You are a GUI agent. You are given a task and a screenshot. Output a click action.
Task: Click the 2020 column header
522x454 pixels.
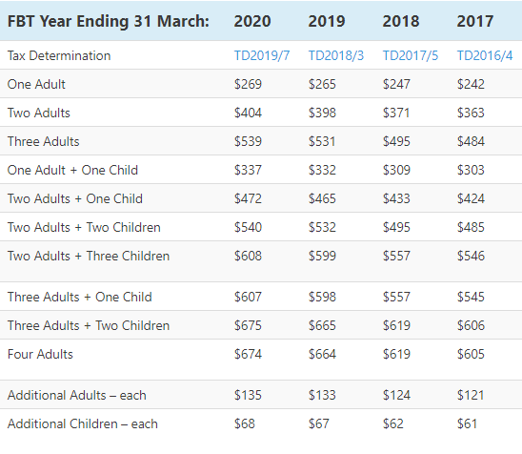point(252,21)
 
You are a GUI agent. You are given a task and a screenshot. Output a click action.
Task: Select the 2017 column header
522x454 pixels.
point(475,21)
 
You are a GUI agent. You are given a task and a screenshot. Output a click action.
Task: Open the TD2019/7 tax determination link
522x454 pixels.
point(262,55)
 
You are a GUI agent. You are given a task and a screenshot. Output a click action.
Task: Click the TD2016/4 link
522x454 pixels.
point(485,55)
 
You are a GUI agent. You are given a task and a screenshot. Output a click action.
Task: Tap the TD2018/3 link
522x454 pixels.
point(336,55)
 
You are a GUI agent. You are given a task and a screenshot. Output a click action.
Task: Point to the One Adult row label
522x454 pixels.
point(36,84)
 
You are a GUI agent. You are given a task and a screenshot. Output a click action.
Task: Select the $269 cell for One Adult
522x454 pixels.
point(248,84)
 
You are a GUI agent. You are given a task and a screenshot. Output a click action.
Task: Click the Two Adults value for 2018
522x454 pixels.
point(396,113)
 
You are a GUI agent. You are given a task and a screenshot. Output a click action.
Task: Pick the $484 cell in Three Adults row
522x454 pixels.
point(471,142)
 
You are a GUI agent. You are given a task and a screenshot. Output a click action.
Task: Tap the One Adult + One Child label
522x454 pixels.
point(72,171)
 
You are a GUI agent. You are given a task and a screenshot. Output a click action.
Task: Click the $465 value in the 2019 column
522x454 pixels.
point(322,199)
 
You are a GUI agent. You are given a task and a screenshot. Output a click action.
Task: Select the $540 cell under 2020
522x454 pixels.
point(248,228)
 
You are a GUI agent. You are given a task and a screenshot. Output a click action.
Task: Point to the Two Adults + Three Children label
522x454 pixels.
point(89,257)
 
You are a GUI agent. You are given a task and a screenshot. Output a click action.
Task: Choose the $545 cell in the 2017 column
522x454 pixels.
point(471,298)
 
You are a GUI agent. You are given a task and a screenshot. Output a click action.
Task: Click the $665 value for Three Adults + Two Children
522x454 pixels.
point(322,326)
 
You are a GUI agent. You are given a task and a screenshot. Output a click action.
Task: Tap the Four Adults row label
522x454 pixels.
point(40,355)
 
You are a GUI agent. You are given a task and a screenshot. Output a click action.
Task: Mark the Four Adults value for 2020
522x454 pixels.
point(248,355)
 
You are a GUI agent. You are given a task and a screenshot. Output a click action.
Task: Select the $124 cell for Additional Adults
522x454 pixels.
point(396,396)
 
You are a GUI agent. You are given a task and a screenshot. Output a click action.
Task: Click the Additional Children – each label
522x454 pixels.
point(83,424)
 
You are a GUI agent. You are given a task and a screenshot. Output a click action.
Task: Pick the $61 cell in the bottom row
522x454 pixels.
point(467,424)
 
